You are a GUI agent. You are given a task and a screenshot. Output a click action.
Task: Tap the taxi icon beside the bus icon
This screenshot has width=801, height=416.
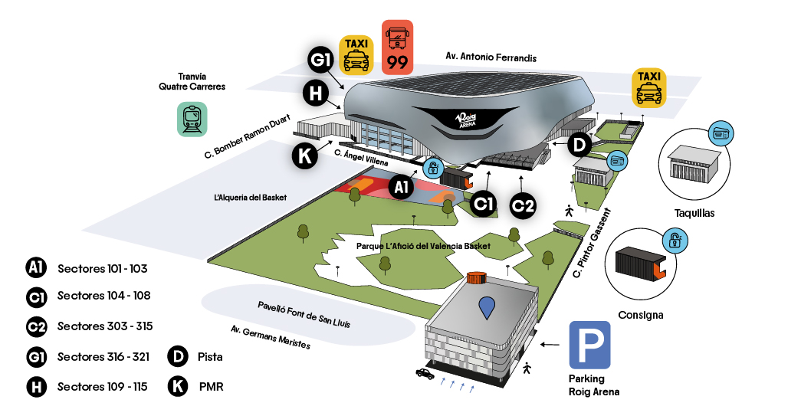356,54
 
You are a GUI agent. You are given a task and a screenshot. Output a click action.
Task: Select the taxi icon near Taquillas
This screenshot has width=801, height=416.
648,87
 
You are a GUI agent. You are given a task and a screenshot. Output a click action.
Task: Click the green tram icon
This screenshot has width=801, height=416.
192,120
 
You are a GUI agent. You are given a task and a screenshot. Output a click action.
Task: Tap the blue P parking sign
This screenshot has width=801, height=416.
589,345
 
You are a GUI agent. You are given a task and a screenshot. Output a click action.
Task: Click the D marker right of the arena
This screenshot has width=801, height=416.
580,142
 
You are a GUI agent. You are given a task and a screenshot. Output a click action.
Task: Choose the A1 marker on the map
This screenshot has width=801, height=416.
402,186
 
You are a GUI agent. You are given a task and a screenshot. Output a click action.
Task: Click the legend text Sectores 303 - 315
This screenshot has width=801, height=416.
105,326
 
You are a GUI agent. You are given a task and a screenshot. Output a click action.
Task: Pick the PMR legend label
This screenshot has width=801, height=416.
211,387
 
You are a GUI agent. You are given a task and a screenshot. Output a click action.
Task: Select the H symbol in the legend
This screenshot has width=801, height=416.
36,387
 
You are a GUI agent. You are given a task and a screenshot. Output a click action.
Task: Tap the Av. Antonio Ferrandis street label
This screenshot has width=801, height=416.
491,57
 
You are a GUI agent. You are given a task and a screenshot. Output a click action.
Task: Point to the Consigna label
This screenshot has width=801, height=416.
641,315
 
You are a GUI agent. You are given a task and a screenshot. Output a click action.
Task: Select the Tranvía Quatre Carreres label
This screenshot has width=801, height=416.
192,81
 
